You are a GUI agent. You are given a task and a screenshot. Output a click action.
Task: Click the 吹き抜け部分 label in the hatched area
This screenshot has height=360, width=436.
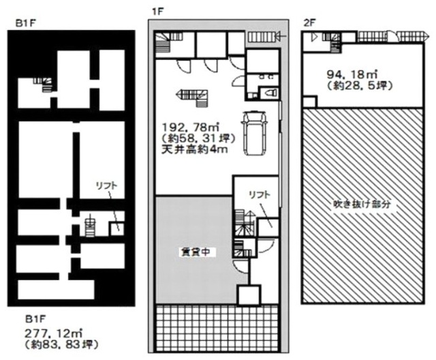coord(355,204)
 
